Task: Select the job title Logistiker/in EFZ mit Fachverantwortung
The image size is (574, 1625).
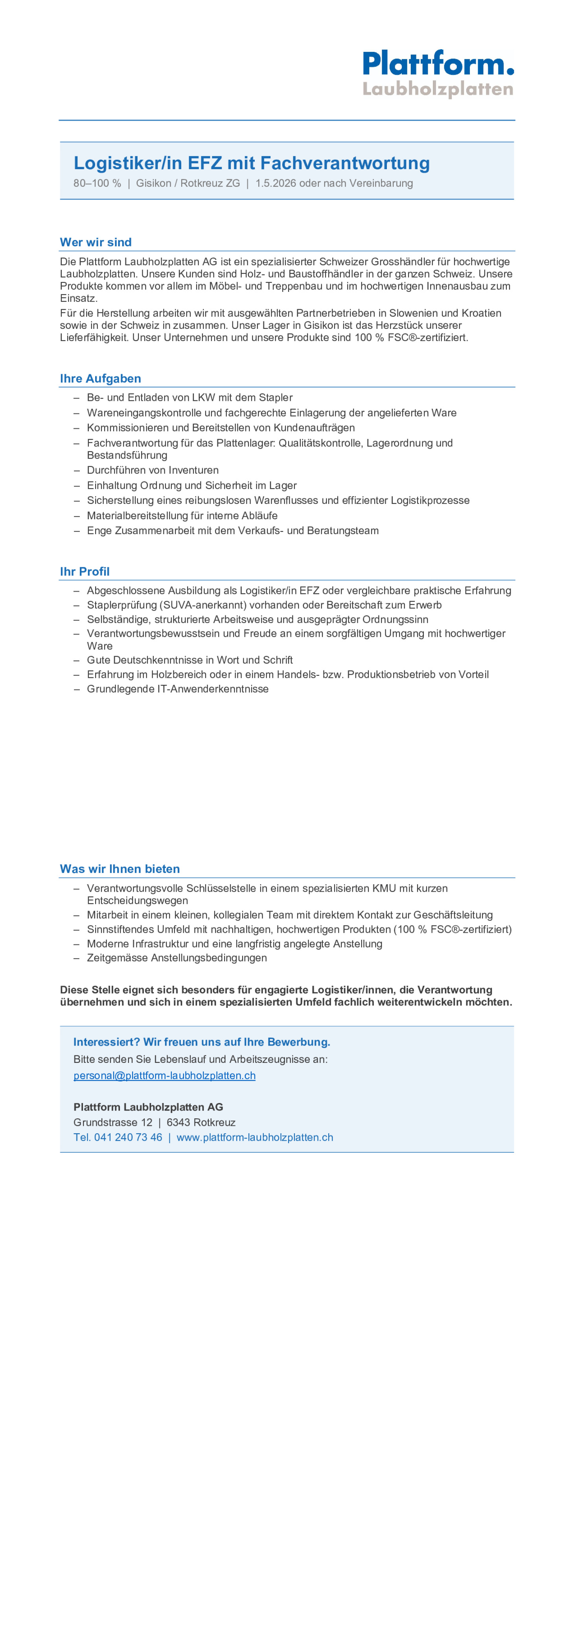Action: (x=252, y=163)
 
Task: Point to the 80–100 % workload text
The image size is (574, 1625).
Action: (x=97, y=184)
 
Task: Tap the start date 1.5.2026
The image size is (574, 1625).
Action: (x=276, y=184)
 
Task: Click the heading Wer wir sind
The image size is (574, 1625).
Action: (x=96, y=242)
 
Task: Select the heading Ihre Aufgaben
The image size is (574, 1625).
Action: (x=100, y=378)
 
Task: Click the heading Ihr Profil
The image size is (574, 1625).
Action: (x=85, y=572)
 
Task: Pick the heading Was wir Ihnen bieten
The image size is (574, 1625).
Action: (x=120, y=869)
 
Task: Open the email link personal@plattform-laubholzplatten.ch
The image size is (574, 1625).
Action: (x=165, y=1075)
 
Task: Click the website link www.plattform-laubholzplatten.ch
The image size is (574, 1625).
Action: (x=255, y=1137)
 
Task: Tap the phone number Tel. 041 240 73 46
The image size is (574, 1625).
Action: (x=118, y=1137)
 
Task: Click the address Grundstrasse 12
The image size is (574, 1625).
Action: (x=113, y=1122)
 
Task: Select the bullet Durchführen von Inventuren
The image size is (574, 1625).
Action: (x=153, y=470)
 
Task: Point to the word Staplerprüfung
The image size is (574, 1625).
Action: (x=122, y=605)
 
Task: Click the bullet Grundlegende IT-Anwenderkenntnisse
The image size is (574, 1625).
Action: (x=178, y=689)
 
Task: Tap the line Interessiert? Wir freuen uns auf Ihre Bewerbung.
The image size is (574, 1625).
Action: (x=202, y=1042)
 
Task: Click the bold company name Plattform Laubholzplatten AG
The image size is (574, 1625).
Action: (x=148, y=1107)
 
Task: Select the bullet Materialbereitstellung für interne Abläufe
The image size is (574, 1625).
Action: (x=182, y=515)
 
